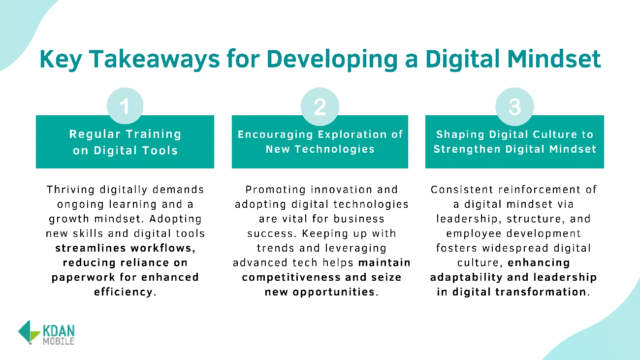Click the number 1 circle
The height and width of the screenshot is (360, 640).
125,106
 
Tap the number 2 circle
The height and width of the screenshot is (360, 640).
320,106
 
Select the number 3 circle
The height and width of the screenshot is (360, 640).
514,106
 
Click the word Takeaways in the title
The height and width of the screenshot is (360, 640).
155,60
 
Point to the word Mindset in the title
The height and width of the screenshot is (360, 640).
554,59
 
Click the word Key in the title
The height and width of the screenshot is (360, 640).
61,60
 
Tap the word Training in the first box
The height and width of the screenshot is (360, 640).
154,134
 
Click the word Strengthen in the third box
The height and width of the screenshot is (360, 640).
467,149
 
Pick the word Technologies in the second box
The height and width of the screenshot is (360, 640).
334,149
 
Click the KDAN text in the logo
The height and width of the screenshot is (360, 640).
59,331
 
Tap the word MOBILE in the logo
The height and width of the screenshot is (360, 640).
59,341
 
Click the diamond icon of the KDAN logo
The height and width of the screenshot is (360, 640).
29,332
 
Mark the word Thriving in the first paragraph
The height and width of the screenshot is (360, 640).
70,190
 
